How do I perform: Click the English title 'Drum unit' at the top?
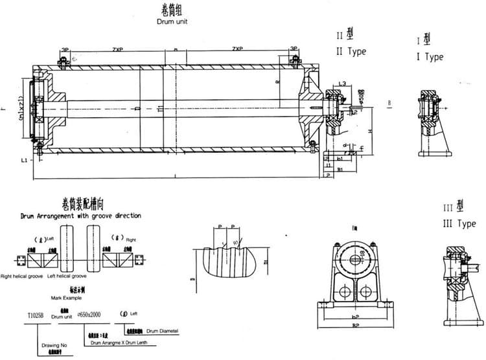coord(171,21)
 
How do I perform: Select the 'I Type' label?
coord(430,56)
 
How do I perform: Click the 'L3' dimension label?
coord(341,84)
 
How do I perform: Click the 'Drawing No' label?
coord(56,346)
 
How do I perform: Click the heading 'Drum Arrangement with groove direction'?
coord(80,216)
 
